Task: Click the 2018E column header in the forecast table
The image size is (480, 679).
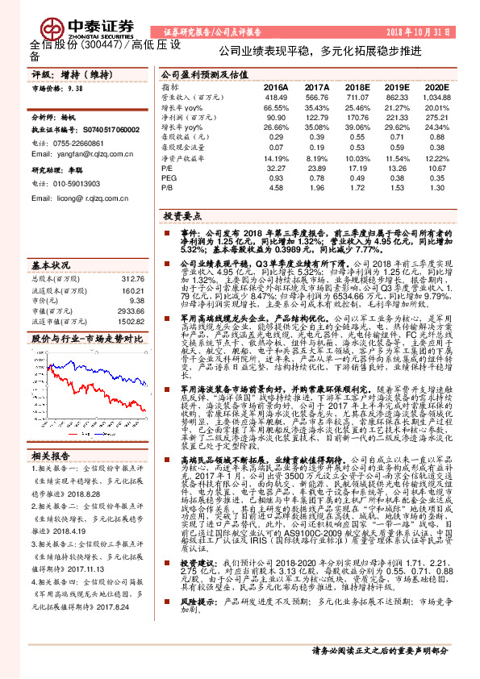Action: tap(355, 85)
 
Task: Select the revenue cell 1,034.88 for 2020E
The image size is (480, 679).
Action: tap(435, 97)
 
